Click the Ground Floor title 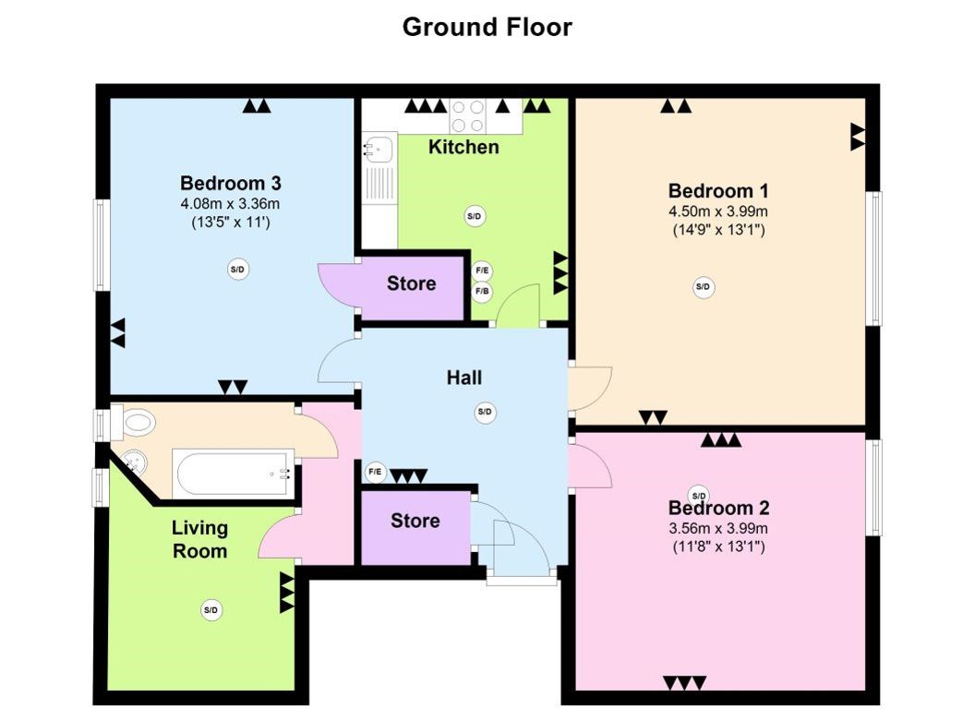tap(487, 27)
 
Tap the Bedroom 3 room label tap(231, 184)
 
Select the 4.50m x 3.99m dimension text tap(718, 210)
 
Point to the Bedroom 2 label tap(719, 508)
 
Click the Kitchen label tap(463, 148)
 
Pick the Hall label tap(463, 378)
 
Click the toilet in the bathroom tap(133, 422)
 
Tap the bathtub tap(234, 473)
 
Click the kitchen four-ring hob tap(468, 115)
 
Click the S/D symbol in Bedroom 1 tap(703, 287)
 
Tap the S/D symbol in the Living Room tap(211, 610)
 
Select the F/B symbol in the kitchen tap(482, 291)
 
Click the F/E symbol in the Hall tap(375, 472)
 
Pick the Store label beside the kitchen tap(411, 283)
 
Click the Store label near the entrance tap(415, 521)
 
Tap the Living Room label tap(199, 539)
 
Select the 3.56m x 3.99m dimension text tap(718, 529)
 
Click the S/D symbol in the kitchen tap(475, 216)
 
